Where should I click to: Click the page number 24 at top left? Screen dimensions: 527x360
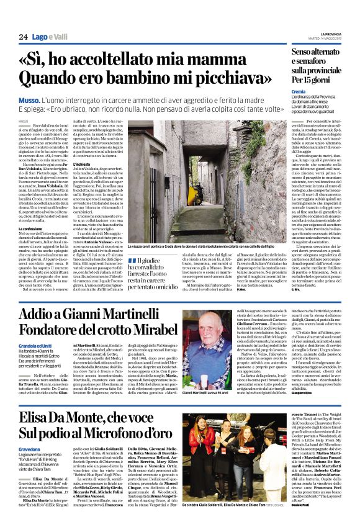click(x=23, y=37)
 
